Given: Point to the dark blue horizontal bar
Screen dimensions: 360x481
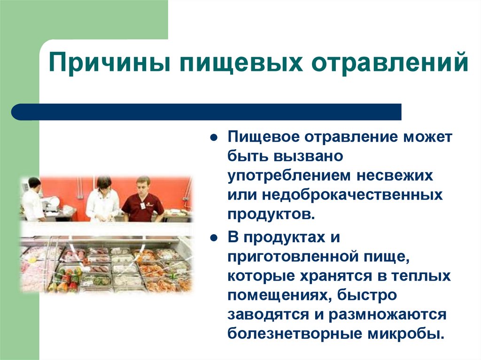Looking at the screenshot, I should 207,112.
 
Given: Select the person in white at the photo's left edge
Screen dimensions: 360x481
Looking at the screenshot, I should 33,199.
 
